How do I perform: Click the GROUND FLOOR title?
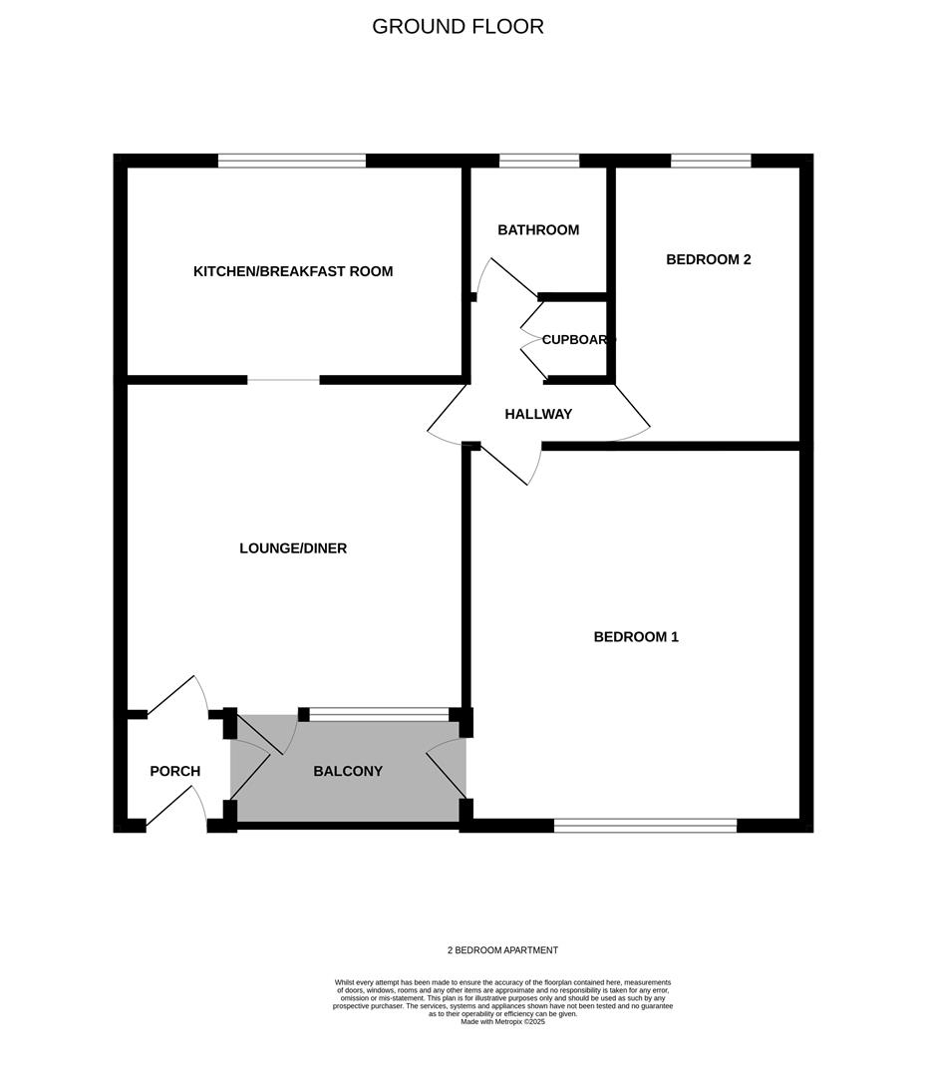pyautogui.click(x=458, y=26)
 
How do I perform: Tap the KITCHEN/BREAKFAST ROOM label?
pyautogui.click(x=293, y=271)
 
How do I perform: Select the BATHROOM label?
pyautogui.click(x=538, y=230)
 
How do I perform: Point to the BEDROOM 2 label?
pyautogui.click(x=709, y=259)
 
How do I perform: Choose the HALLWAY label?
pyautogui.click(x=538, y=414)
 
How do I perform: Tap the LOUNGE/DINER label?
pyautogui.click(x=293, y=548)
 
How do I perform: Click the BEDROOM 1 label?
pyautogui.click(x=636, y=636)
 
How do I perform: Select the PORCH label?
pyautogui.click(x=175, y=771)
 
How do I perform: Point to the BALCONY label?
pyautogui.click(x=348, y=771)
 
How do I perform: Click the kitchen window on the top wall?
pyautogui.click(x=292, y=161)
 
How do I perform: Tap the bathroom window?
pyautogui.click(x=539, y=161)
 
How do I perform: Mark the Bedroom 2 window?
pyautogui.click(x=711, y=161)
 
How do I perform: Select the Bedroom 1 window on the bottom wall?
pyautogui.click(x=645, y=826)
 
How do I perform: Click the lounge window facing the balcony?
pyautogui.click(x=379, y=714)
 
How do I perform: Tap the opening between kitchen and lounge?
pyautogui.click(x=283, y=380)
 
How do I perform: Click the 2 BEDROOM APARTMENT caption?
pyautogui.click(x=502, y=950)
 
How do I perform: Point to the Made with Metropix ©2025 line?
pyautogui.click(x=502, y=1021)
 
